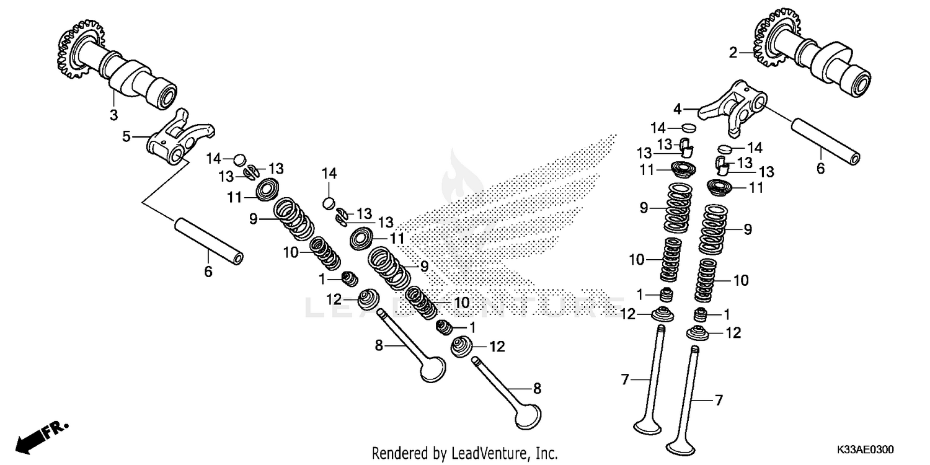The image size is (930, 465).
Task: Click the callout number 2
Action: [733, 53]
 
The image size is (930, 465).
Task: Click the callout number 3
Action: [113, 114]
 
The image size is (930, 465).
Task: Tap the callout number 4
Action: [678, 108]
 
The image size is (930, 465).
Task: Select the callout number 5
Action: [126, 135]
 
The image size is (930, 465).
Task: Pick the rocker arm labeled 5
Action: [180, 139]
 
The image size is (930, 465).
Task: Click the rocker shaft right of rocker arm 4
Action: [825, 142]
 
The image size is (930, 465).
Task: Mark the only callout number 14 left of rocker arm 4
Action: [658, 128]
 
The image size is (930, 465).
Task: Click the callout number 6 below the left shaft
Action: [208, 271]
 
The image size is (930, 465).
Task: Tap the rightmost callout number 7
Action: [719, 401]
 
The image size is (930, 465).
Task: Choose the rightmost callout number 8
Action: [537, 388]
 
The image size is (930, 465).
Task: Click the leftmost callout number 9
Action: [254, 218]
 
